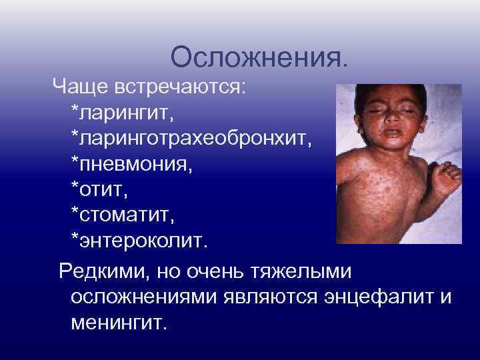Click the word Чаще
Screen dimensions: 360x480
tap(78, 87)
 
